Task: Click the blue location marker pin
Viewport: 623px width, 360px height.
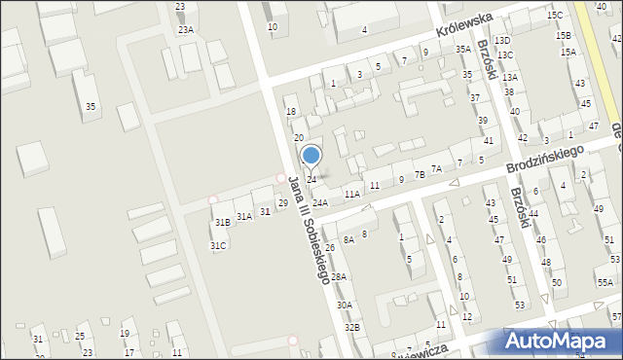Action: tap(311, 156)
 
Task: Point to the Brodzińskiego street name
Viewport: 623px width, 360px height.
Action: tap(544, 162)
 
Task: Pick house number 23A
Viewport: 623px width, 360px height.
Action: tap(185, 30)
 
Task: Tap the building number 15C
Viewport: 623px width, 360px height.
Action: tap(555, 16)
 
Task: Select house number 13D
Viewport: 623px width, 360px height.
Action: tap(502, 41)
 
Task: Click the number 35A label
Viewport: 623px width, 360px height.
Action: tap(463, 49)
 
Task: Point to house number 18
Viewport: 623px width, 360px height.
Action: tap(290, 112)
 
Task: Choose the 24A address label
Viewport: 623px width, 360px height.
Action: tap(320, 202)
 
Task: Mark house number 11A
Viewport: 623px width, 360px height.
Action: tap(351, 195)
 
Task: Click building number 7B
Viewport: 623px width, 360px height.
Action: tap(420, 175)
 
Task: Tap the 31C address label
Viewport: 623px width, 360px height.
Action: tap(218, 246)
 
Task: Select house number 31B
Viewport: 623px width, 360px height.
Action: tap(222, 223)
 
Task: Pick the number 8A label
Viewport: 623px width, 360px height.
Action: tap(348, 239)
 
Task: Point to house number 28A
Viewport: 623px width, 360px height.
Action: tap(338, 277)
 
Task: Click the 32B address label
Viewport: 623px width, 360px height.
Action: tap(351, 328)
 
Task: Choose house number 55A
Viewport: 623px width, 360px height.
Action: tap(605, 283)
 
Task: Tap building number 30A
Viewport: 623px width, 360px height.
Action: tap(345, 306)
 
